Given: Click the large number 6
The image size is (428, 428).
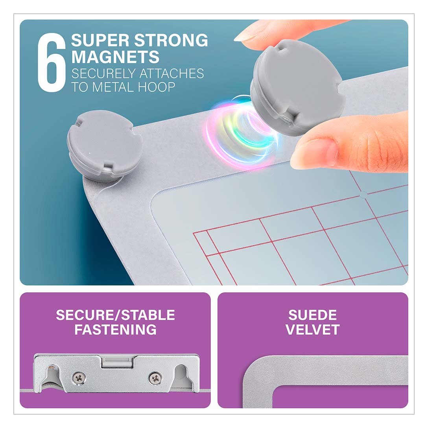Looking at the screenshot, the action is click(x=52, y=63).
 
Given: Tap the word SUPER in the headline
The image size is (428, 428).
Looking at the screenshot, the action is click(x=100, y=41).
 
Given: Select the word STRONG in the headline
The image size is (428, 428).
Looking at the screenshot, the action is click(x=171, y=41).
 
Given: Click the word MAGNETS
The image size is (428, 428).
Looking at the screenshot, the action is click(x=115, y=57).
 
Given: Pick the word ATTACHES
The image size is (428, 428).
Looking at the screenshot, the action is click(x=172, y=74).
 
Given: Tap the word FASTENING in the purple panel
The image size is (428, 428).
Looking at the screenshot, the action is click(x=116, y=330).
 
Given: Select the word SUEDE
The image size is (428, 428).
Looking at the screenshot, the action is click(x=312, y=315).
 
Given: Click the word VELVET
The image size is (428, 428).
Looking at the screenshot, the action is click(x=312, y=330).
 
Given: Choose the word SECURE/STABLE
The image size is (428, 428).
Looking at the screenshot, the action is click(x=116, y=315).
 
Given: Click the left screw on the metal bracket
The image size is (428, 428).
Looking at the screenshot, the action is click(x=79, y=378).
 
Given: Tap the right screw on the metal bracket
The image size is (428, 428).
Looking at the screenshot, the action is click(x=155, y=378).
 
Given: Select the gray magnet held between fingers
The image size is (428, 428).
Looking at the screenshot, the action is click(x=296, y=87).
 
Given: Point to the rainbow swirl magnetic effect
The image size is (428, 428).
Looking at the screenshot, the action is click(x=242, y=131).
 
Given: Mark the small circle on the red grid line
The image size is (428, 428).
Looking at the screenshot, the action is click(x=363, y=195).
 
